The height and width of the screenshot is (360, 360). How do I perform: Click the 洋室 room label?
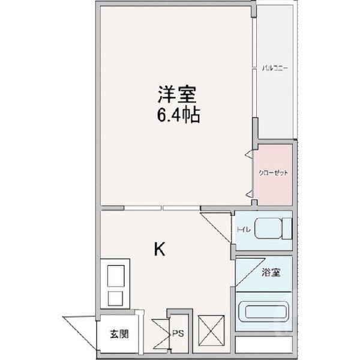click(x=175, y=94)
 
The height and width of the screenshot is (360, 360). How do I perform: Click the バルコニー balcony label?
click(x=275, y=67)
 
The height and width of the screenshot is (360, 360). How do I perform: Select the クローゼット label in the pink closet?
click(x=274, y=173)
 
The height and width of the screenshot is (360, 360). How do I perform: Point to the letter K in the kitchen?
click(x=159, y=248)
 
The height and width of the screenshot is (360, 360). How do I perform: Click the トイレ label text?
click(x=243, y=229)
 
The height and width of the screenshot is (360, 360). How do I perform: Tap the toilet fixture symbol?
click(x=273, y=229)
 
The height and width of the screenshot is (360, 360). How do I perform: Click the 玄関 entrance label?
click(x=118, y=334)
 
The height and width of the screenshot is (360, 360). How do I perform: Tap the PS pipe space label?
click(x=179, y=334)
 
